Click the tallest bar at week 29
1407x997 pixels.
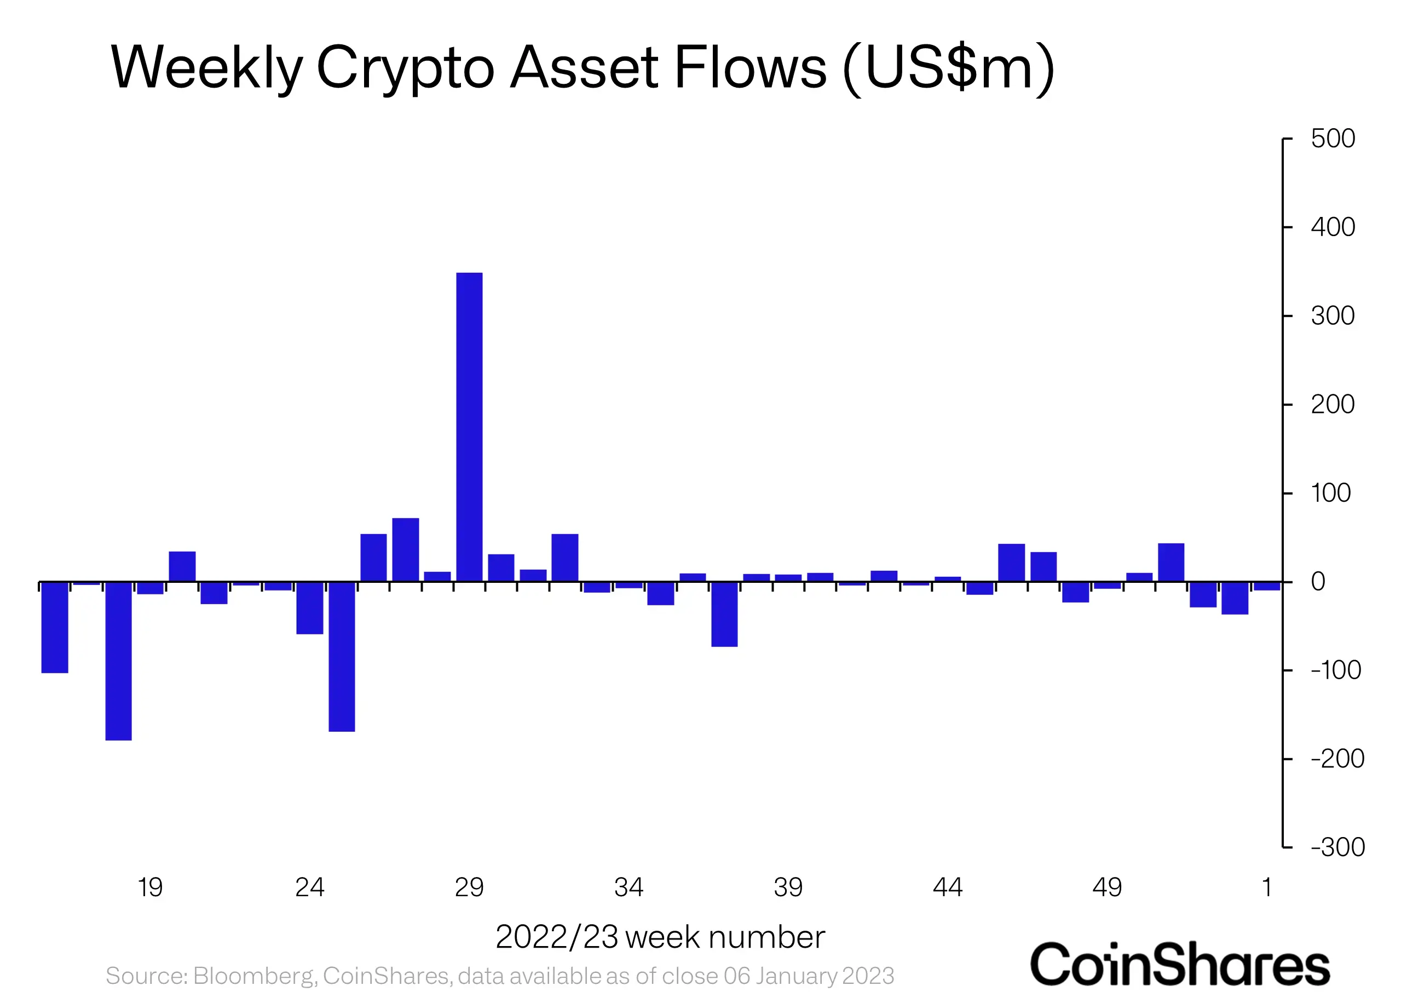pyautogui.click(x=469, y=427)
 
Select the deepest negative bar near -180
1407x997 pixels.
pyautogui.click(x=118, y=661)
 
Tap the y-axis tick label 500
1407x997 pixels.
pyautogui.click(x=1333, y=139)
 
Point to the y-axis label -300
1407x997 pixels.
pyautogui.click(x=1337, y=847)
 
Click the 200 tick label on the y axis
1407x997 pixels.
pyautogui.click(x=1333, y=405)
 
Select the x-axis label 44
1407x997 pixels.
pyautogui.click(x=948, y=887)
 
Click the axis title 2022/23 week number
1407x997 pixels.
pyautogui.click(x=660, y=937)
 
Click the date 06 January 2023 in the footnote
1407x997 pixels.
pyautogui.click(x=809, y=976)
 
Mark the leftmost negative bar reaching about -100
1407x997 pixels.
pyautogui.click(x=55, y=627)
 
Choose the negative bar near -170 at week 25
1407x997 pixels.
pyautogui.click(x=342, y=656)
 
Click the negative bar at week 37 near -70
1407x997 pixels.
pyautogui.click(x=724, y=614)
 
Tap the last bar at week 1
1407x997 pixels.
pyautogui.click(x=1266, y=586)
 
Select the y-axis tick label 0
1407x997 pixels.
pyautogui.click(x=1318, y=581)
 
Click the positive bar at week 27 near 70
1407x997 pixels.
pyautogui.click(x=406, y=549)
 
